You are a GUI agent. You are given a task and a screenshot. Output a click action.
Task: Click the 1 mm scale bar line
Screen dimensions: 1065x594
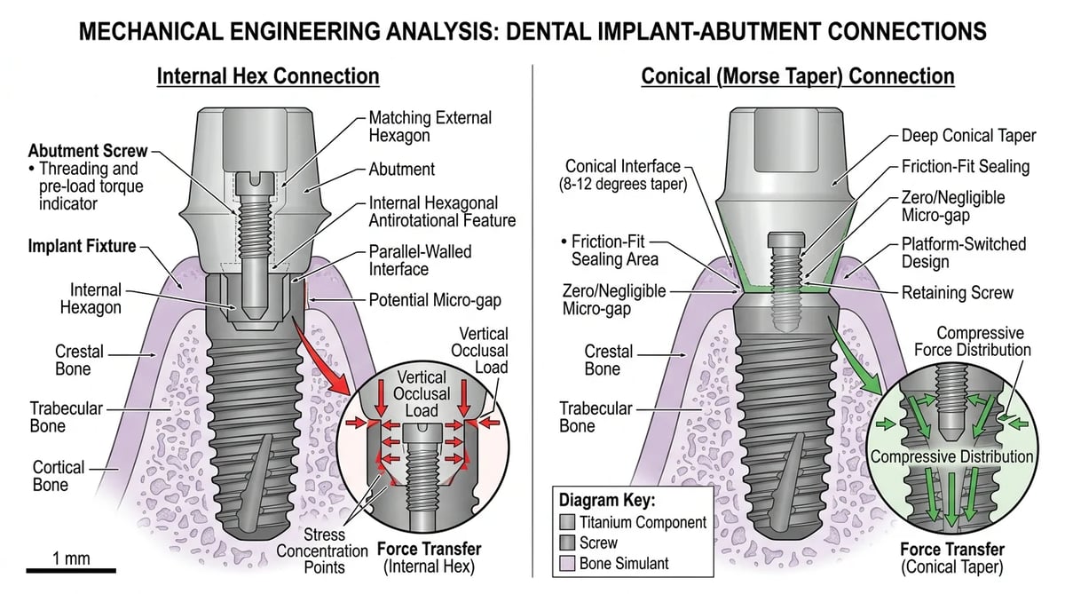71,570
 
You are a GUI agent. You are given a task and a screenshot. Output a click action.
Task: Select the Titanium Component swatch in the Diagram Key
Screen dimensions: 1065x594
567,522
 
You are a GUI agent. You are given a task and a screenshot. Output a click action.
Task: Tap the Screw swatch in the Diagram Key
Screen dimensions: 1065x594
567,543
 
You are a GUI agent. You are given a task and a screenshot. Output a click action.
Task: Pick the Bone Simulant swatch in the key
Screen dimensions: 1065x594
567,563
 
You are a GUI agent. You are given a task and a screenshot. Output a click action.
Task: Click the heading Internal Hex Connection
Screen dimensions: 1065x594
268,76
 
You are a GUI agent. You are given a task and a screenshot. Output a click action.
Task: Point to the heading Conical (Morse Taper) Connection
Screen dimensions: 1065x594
798,76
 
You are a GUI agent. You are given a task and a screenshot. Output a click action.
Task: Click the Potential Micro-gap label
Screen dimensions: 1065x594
435,300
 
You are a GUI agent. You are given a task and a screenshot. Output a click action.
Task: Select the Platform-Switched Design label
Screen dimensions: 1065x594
964,252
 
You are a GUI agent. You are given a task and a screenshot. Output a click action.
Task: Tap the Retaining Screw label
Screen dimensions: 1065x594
958,292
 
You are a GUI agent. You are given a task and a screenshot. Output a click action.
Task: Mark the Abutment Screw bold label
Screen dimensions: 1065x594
88,151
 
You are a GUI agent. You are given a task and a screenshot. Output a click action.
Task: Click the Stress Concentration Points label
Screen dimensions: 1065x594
322,550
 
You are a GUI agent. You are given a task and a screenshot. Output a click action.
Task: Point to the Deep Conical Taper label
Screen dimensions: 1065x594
968,136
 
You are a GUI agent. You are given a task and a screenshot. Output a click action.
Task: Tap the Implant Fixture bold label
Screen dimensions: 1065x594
82,246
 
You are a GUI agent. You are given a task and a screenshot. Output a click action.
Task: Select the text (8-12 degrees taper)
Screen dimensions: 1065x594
623,184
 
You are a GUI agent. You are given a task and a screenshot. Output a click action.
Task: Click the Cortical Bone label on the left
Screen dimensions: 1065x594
58,476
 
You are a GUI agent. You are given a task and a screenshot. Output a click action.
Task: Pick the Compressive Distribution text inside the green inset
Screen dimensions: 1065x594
951,456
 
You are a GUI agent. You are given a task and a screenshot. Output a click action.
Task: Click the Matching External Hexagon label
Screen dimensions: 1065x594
430,126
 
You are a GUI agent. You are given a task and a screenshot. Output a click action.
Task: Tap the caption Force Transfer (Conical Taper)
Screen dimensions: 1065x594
952,558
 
